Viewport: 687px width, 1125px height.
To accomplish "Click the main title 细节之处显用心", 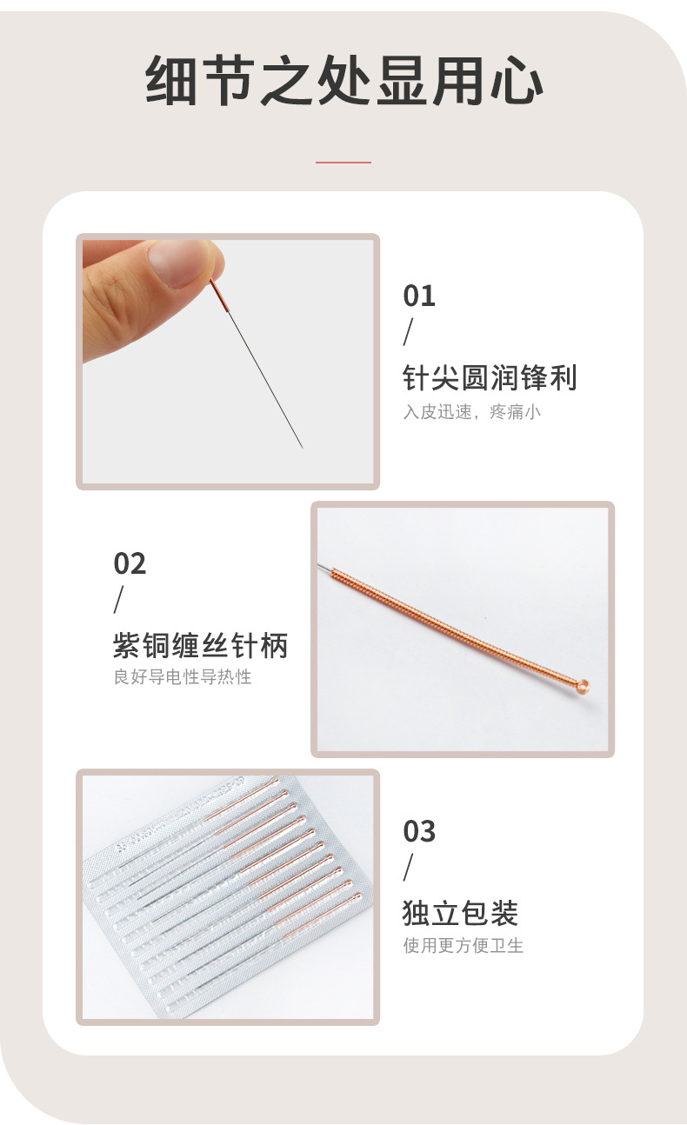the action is (344, 80).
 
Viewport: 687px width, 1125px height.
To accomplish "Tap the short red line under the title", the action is (343, 163).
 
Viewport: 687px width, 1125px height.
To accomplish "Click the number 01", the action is (419, 296).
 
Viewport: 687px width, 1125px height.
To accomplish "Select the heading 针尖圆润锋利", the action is (490, 377).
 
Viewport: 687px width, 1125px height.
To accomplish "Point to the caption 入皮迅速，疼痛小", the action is (472, 412).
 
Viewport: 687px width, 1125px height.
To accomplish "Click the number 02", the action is (130, 563).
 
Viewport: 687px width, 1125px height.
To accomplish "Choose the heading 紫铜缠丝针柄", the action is (201, 645).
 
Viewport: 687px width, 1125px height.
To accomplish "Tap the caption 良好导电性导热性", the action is (183, 676).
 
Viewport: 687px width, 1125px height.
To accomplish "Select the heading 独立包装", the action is (461, 913).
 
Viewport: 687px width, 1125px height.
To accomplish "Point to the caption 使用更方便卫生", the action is (463, 945).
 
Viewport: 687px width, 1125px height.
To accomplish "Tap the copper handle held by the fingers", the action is (220, 296).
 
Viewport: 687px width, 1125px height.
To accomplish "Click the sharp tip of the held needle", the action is (303, 447).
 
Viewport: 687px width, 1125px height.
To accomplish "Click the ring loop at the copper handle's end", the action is (583, 684).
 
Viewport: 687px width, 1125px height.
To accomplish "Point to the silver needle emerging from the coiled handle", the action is (324, 568).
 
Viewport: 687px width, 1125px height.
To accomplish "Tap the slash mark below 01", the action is (408, 332).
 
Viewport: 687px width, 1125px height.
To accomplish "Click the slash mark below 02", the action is (118, 600).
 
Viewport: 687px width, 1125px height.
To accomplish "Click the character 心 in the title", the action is (517, 80).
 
